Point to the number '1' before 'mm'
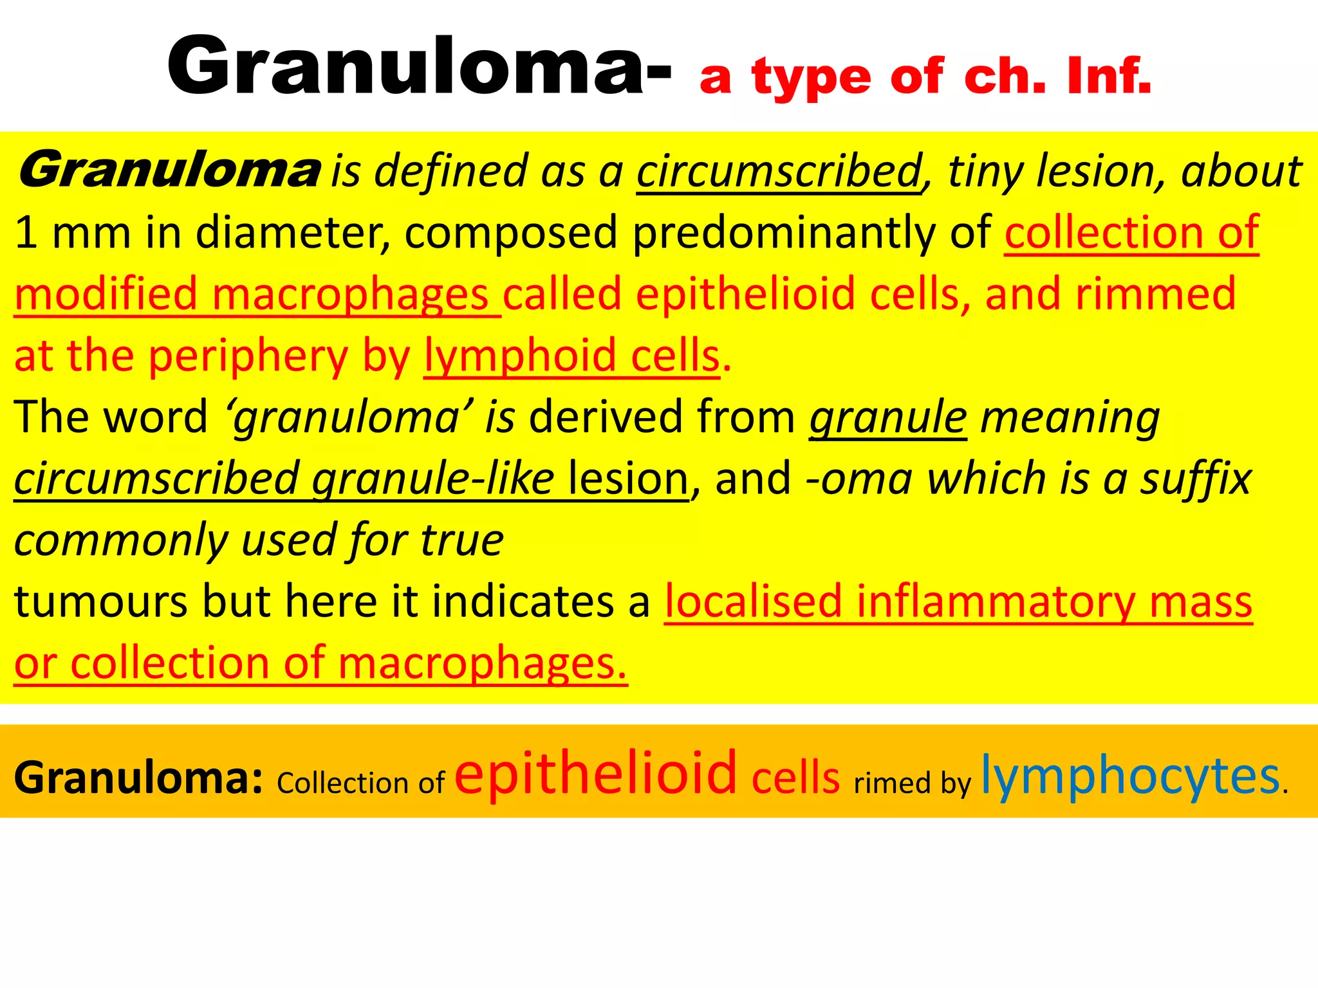[26, 232]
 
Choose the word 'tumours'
[100, 602]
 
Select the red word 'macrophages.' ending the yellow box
[482, 664]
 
